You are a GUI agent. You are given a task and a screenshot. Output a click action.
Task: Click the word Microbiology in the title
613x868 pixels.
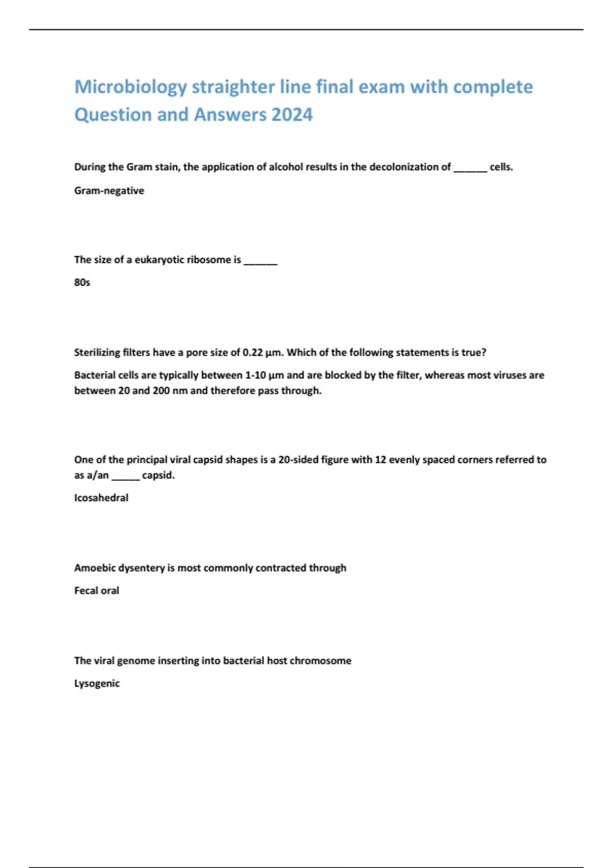(x=130, y=87)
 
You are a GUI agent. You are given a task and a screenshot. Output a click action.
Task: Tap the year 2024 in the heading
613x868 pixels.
(x=292, y=115)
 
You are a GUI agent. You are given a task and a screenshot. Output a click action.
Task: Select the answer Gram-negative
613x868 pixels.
(x=109, y=191)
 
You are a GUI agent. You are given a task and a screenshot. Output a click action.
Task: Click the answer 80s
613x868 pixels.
(x=82, y=282)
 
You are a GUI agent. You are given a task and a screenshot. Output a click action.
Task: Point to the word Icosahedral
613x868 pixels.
(x=101, y=498)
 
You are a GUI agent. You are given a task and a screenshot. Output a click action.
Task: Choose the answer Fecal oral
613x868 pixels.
(x=97, y=591)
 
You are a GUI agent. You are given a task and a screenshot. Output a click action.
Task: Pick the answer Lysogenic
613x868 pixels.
(x=97, y=684)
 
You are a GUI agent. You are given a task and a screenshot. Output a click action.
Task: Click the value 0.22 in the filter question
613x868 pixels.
(x=252, y=353)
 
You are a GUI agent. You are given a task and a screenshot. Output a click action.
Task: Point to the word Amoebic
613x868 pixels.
(x=92, y=568)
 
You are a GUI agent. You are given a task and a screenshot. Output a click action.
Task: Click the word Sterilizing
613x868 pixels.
(x=97, y=353)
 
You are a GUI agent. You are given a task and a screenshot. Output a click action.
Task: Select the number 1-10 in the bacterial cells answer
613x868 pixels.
(x=255, y=375)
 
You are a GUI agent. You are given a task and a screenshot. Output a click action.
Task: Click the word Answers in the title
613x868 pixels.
(x=230, y=115)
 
